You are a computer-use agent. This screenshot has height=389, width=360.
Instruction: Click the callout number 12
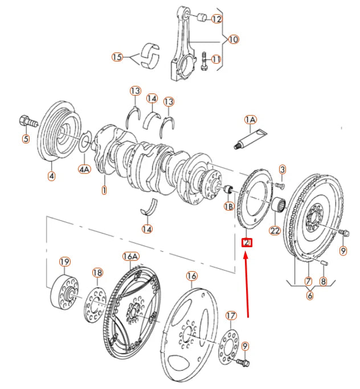216,19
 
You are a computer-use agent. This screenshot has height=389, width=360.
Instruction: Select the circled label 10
233,39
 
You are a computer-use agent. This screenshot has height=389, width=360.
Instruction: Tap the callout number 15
117,57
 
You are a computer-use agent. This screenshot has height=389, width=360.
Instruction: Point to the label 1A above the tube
251,120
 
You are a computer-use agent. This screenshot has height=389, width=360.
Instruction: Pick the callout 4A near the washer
84,169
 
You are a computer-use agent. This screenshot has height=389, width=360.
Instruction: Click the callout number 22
275,231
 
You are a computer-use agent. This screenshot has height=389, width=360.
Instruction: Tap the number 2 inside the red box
247,243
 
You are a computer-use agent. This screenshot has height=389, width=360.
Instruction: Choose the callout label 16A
130,257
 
